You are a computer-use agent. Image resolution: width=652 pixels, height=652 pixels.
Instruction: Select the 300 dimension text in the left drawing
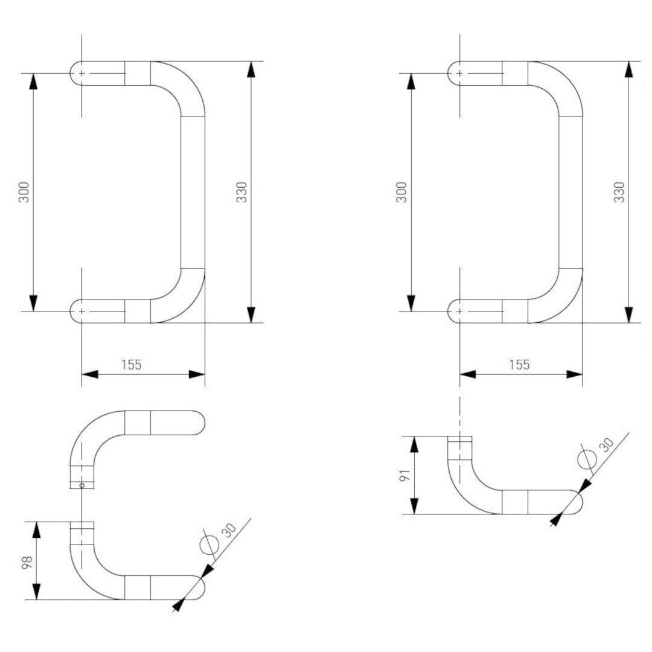point(24,191)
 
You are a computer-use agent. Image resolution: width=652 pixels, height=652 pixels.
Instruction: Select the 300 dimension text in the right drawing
point(401,191)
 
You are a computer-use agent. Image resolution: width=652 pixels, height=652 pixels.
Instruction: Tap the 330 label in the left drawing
point(241,191)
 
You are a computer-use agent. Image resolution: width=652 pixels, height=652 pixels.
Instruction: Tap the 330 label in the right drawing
point(619,191)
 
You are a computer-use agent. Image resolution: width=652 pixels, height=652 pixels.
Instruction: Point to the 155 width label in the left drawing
point(131,364)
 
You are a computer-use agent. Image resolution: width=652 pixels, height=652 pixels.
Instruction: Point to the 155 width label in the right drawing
point(519,364)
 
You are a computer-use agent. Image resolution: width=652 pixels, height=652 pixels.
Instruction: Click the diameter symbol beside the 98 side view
point(208,543)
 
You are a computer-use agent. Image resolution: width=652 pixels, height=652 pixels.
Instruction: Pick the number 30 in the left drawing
point(229,529)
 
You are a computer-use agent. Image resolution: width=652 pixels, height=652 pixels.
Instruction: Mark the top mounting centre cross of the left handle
point(82,73)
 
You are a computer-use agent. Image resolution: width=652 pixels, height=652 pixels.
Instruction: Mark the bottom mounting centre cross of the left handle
point(82,311)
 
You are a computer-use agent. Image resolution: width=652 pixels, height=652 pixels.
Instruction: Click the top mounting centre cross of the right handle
point(460,73)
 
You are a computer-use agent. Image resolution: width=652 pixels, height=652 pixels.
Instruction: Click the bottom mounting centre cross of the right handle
point(460,311)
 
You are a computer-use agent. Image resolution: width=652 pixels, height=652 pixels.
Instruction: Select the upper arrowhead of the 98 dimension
point(37,530)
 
